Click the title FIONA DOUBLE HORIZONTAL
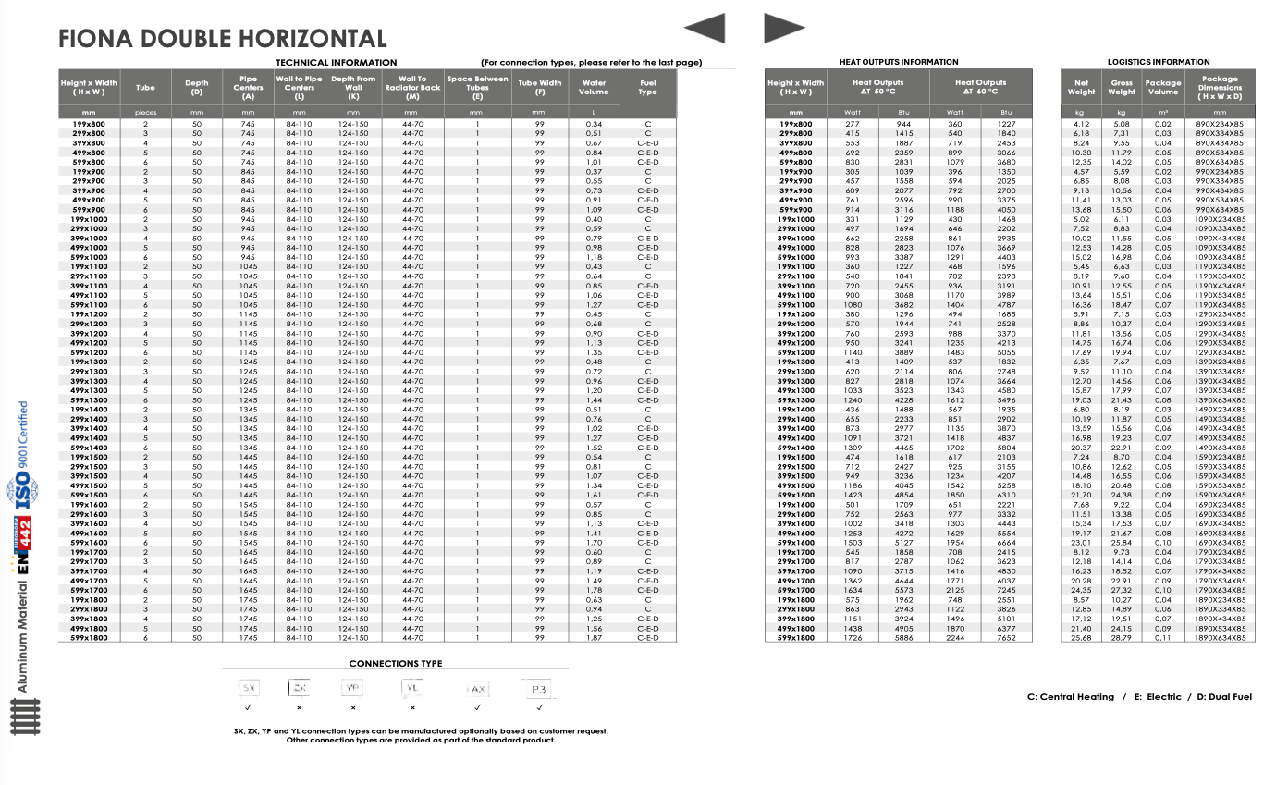222,39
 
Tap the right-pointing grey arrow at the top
784,29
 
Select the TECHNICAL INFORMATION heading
337,62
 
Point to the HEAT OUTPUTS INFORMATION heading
898,62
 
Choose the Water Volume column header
594,87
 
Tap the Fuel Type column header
647,87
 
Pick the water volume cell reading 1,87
594,638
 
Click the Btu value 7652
1006,638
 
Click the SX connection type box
248,689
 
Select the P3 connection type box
539,689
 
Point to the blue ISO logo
22,491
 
